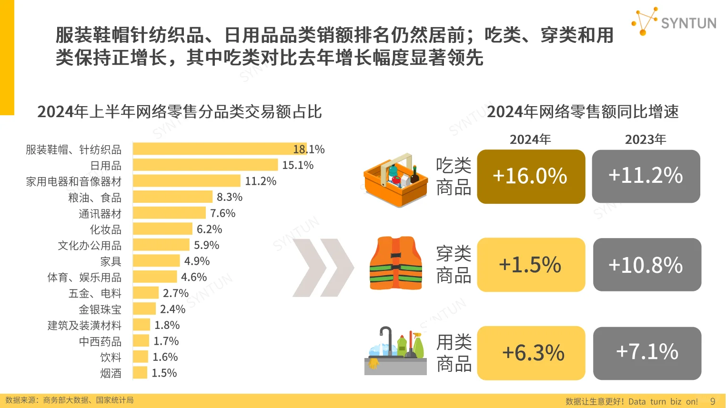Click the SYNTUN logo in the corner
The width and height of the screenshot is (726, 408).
674,22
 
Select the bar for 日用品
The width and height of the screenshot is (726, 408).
205,165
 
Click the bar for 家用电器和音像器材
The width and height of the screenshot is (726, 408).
186,181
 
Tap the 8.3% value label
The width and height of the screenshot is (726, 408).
230,197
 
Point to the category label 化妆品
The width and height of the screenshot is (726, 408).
106,229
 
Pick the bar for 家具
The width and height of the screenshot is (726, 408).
156,261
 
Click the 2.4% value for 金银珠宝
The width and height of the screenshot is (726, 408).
172,309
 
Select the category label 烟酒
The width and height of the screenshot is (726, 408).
111,373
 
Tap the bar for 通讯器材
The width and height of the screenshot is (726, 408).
169,213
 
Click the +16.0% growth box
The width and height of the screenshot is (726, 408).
531,177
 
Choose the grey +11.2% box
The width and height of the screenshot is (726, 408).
646,176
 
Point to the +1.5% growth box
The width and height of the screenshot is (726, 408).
531,265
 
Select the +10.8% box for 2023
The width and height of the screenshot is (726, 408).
647,265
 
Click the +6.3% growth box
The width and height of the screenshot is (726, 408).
531,353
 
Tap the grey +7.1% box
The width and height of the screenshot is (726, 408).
647,353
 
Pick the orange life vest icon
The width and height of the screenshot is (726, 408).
396,263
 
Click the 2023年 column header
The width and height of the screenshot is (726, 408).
645,139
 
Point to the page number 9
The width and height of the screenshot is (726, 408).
713,401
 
